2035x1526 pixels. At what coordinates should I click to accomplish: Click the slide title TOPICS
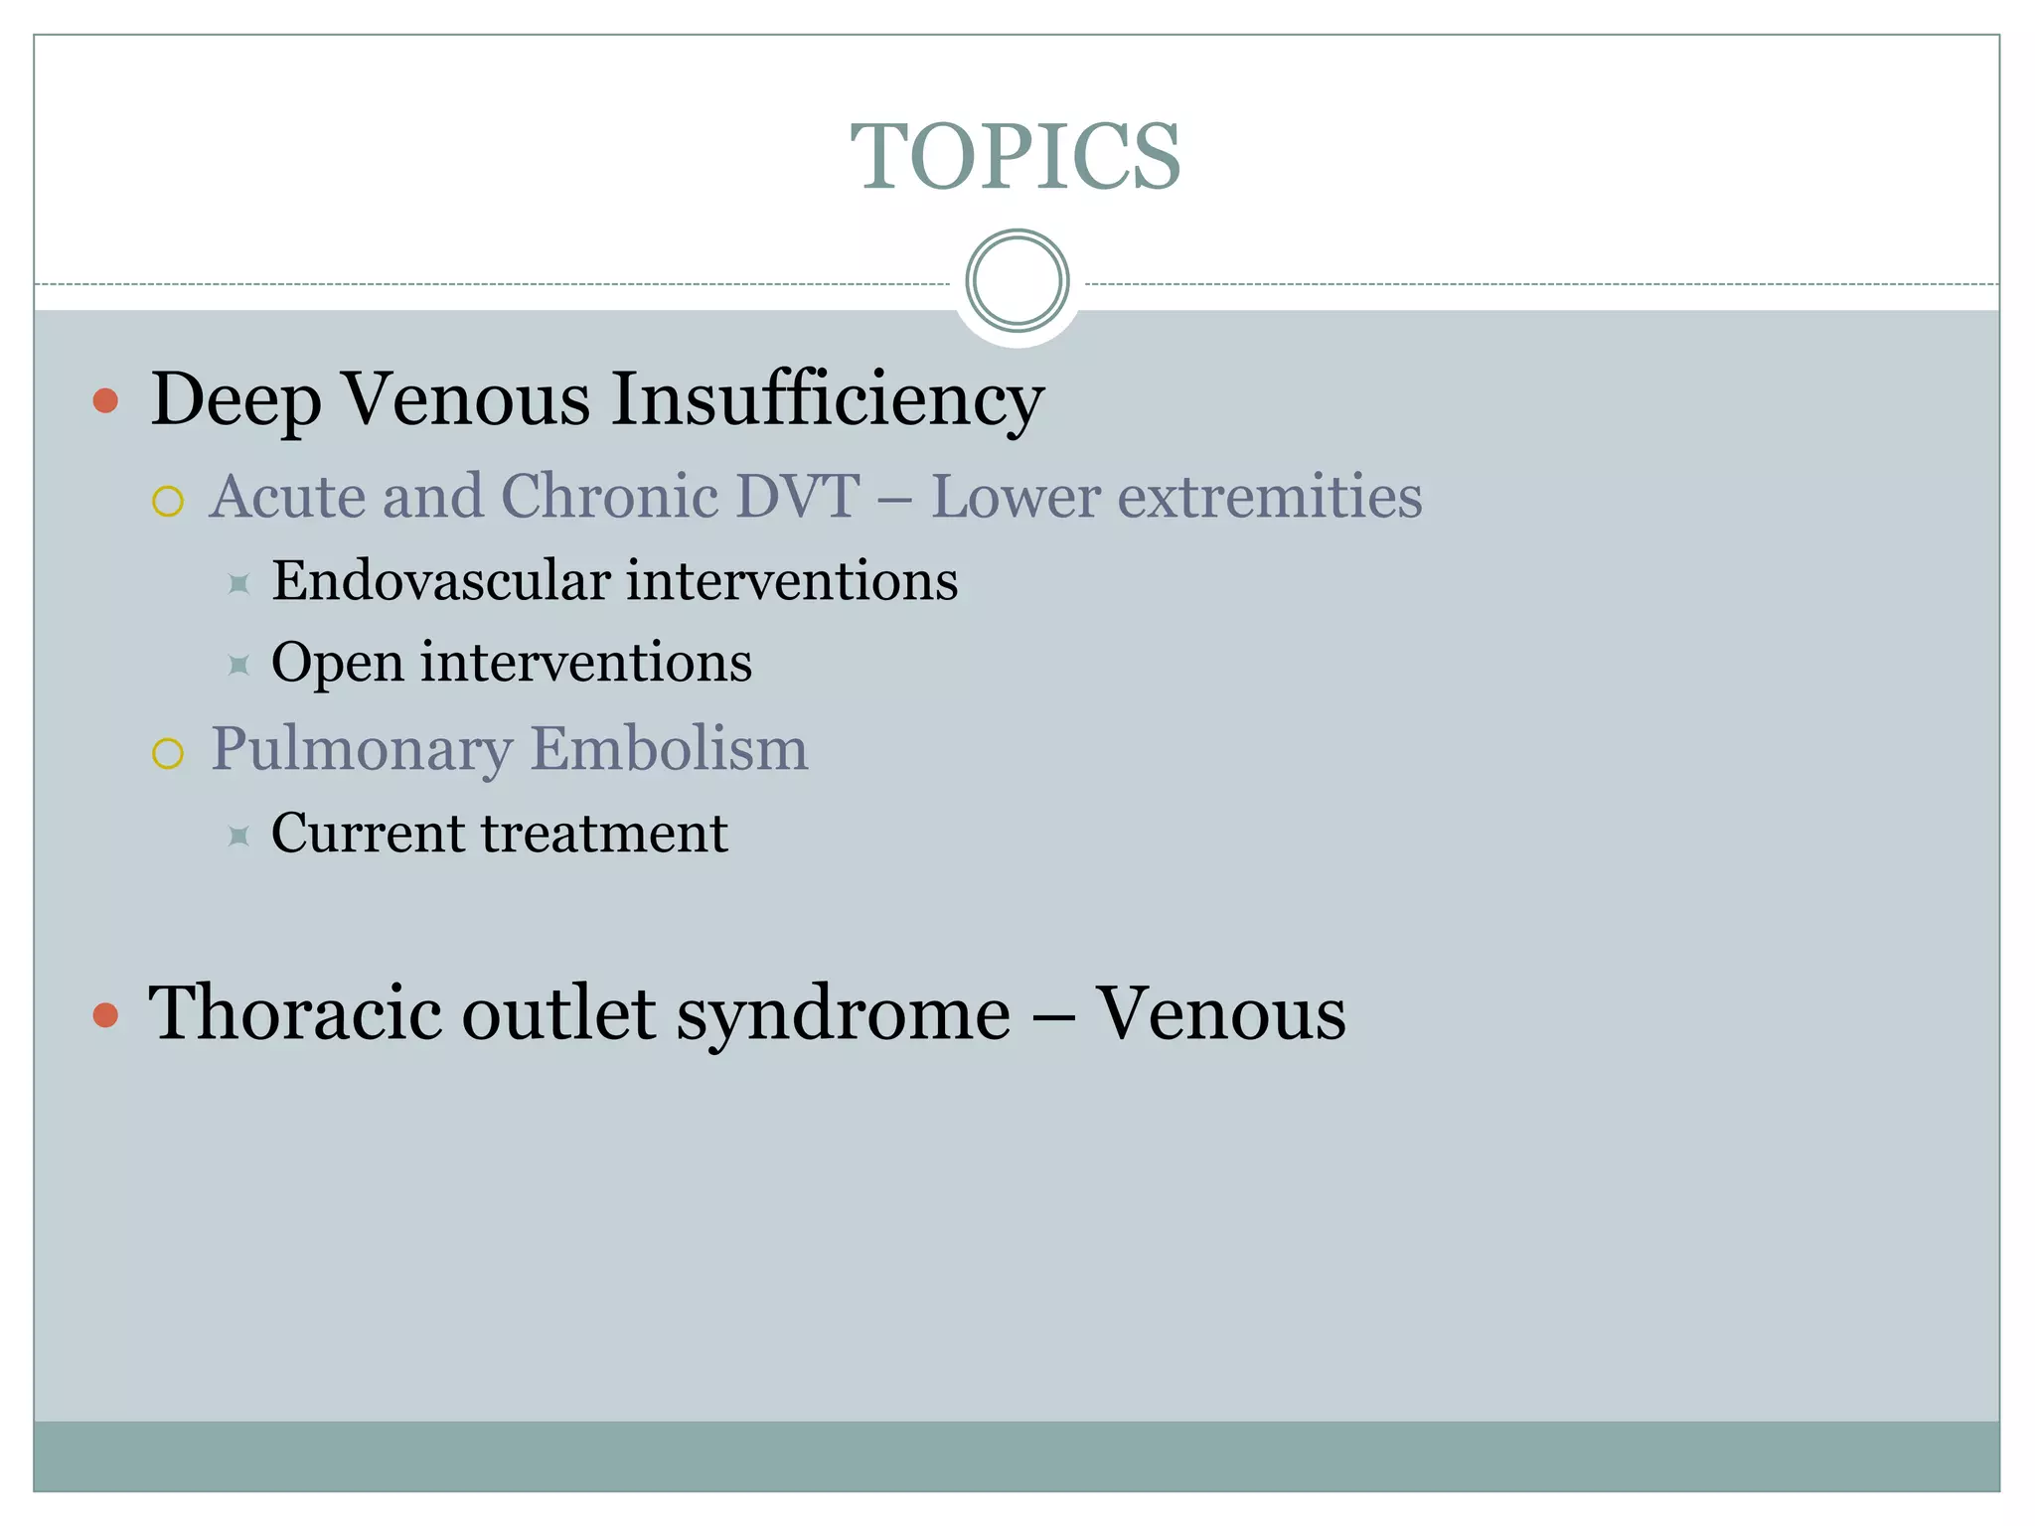(x=1016, y=157)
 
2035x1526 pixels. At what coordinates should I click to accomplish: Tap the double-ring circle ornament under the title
(x=1017, y=281)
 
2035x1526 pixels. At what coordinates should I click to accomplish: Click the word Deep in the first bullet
(x=235, y=399)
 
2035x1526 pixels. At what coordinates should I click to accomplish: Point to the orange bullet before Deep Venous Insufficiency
(x=105, y=401)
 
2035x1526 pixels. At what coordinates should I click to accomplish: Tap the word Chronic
(x=610, y=496)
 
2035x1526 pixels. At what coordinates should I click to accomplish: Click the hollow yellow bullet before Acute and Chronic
(x=168, y=502)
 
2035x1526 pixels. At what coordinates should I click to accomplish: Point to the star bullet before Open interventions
(x=238, y=665)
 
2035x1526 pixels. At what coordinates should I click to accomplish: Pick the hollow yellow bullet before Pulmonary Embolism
(x=168, y=754)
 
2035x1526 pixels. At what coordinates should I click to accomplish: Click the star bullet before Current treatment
(x=238, y=836)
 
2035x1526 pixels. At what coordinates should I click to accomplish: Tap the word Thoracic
(x=295, y=1013)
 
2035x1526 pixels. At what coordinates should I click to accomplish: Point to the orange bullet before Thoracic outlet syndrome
(x=105, y=1015)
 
